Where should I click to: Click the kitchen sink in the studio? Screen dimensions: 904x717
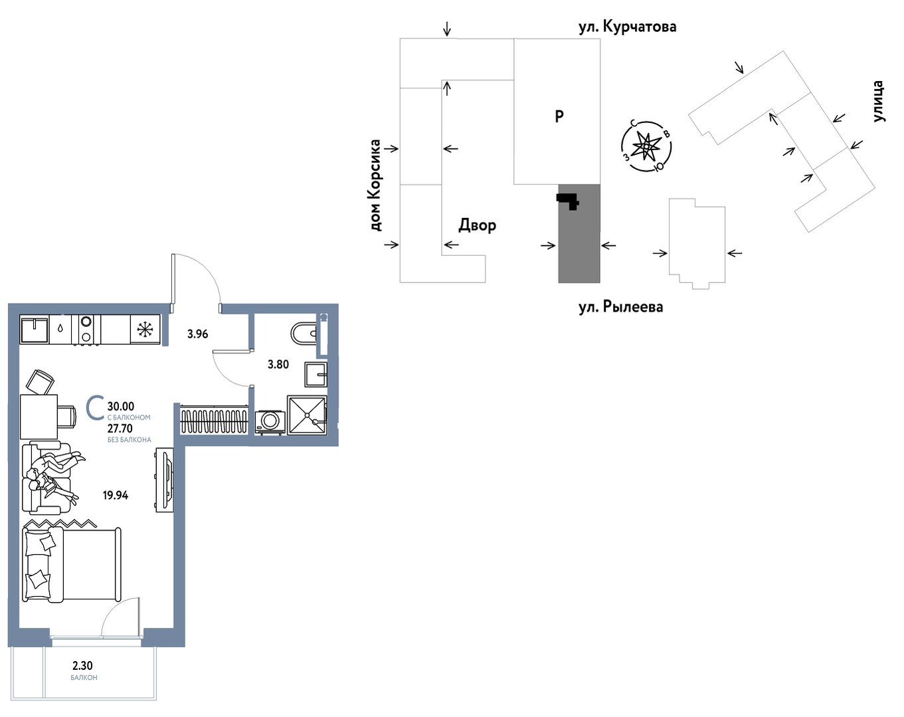pos(35,330)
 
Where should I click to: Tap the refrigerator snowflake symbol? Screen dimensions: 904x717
pos(145,330)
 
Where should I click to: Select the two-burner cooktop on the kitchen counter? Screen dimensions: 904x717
pos(86,330)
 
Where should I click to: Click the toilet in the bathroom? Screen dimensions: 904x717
pos(304,334)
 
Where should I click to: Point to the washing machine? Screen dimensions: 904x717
pos(270,422)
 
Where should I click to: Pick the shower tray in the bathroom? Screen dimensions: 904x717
pos(307,415)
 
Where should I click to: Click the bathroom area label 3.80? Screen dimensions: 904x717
pos(278,364)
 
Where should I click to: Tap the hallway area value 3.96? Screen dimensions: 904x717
pos(197,334)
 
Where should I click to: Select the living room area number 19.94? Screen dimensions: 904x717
pos(116,496)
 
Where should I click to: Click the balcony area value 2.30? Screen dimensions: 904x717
pos(82,665)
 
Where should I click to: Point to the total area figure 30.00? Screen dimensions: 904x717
pos(121,407)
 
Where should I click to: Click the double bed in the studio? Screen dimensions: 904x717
pos(72,565)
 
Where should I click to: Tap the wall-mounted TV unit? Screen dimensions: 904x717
pos(165,480)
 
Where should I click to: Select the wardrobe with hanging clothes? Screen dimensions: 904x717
pos(214,419)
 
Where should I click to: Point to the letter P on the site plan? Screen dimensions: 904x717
pos(559,116)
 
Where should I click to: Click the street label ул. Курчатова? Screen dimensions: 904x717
pos(628,27)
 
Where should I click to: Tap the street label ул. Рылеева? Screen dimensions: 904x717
pos(621,307)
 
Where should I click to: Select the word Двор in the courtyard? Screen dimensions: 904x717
pos(477,226)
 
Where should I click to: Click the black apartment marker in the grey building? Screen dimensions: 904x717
pos(568,201)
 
